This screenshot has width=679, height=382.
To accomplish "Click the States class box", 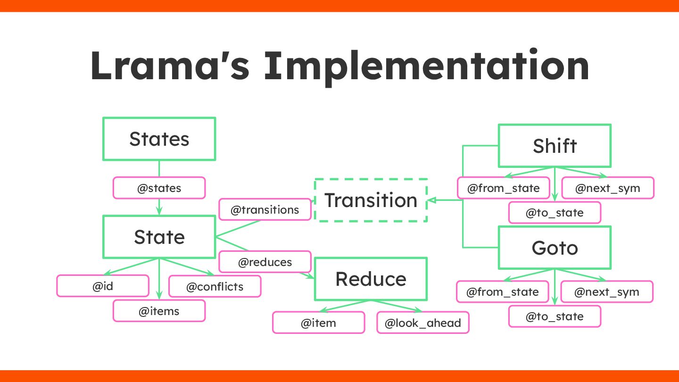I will [x=159, y=139].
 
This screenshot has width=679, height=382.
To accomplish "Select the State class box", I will [x=159, y=237].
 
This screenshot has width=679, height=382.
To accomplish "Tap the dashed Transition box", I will [x=371, y=200].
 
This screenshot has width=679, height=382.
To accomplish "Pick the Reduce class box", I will [x=371, y=279].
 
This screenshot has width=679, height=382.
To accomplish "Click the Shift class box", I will [x=555, y=146].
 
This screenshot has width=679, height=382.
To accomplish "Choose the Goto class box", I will [x=555, y=248].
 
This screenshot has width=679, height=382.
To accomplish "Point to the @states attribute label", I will [x=159, y=188].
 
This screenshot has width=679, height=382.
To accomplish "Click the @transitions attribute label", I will [x=265, y=210].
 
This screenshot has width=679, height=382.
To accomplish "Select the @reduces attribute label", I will [x=265, y=262].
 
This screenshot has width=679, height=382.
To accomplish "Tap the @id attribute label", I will [x=103, y=286].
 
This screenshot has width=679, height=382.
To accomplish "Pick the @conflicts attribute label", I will [x=215, y=286].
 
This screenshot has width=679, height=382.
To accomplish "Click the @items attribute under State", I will [x=159, y=311].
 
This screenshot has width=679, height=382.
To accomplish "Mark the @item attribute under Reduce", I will [x=318, y=323].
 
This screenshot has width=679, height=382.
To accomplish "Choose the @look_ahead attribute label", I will [x=422, y=323].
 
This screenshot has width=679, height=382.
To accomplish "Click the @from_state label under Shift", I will [x=503, y=188].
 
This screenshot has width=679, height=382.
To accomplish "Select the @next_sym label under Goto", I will [x=606, y=292].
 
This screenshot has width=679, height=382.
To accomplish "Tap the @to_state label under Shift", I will [x=555, y=213].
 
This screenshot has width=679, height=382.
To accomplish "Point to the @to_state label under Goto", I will [x=555, y=316].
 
